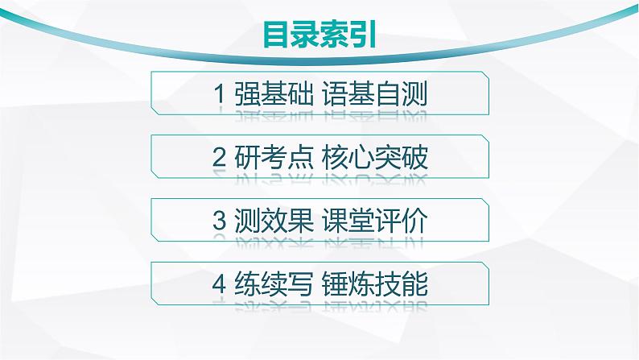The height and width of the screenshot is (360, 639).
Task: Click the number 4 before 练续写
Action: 218,284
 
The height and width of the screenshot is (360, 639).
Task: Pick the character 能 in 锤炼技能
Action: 414,284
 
